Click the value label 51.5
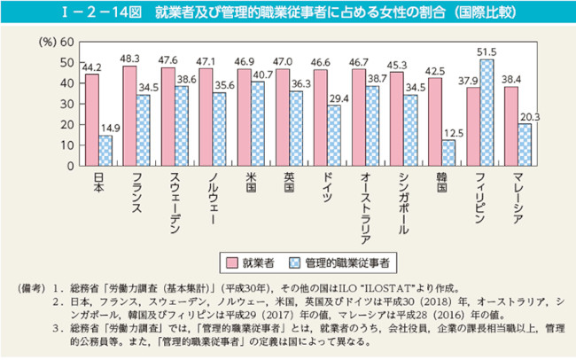486,52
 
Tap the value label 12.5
448,132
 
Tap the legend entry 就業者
255,263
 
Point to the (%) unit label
47,43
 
